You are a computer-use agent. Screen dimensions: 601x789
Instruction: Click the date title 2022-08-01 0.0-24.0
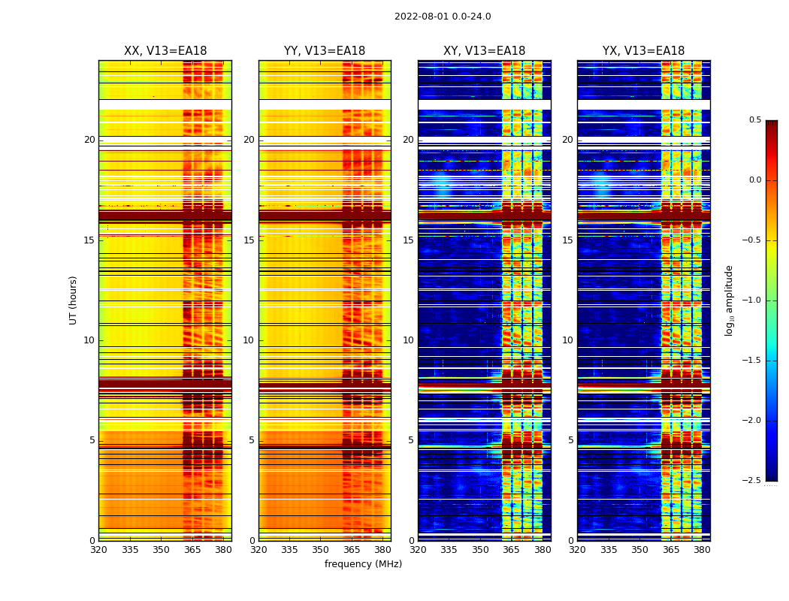(x=443, y=17)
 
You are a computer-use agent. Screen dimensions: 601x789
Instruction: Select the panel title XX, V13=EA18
(x=165, y=51)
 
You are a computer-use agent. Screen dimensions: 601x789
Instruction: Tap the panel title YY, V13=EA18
(x=325, y=51)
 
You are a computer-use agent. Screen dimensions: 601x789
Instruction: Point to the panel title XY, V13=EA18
(x=484, y=51)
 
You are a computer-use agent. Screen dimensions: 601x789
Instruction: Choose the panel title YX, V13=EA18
(x=643, y=51)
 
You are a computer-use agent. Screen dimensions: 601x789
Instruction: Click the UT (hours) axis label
(x=74, y=300)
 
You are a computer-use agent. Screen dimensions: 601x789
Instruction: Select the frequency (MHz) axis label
(x=363, y=564)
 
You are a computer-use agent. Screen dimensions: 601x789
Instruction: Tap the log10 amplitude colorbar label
(x=729, y=300)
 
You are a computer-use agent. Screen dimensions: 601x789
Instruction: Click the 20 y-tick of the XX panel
(x=90, y=140)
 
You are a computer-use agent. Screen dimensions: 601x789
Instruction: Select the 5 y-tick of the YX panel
(x=571, y=440)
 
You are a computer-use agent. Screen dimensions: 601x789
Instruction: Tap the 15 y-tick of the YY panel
(x=249, y=240)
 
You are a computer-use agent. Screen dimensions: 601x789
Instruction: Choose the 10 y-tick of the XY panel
(x=409, y=340)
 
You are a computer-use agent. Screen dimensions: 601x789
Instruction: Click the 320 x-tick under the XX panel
(x=98, y=550)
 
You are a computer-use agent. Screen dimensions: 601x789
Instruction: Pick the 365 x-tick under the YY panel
(x=352, y=550)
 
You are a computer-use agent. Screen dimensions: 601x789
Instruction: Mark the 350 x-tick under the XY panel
(x=480, y=550)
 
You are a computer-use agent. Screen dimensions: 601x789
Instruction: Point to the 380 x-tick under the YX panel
(x=702, y=550)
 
